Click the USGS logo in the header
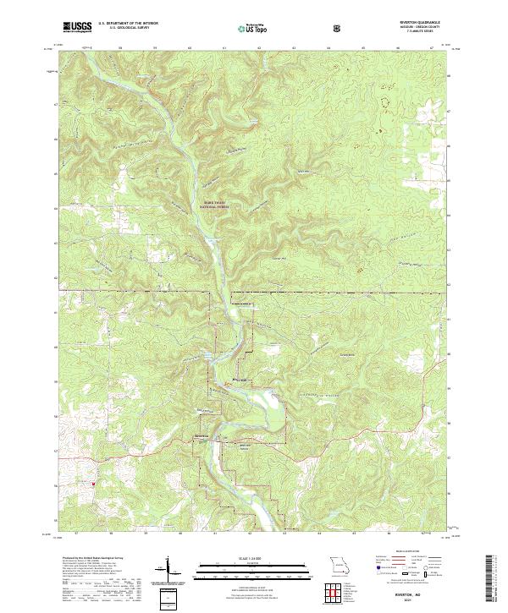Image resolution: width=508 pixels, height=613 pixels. (77, 27)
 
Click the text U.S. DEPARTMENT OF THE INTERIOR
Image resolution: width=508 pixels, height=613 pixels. (128, 24)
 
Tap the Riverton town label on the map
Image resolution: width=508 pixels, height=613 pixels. (202, 436)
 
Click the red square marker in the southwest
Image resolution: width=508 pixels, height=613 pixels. (93, 484)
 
